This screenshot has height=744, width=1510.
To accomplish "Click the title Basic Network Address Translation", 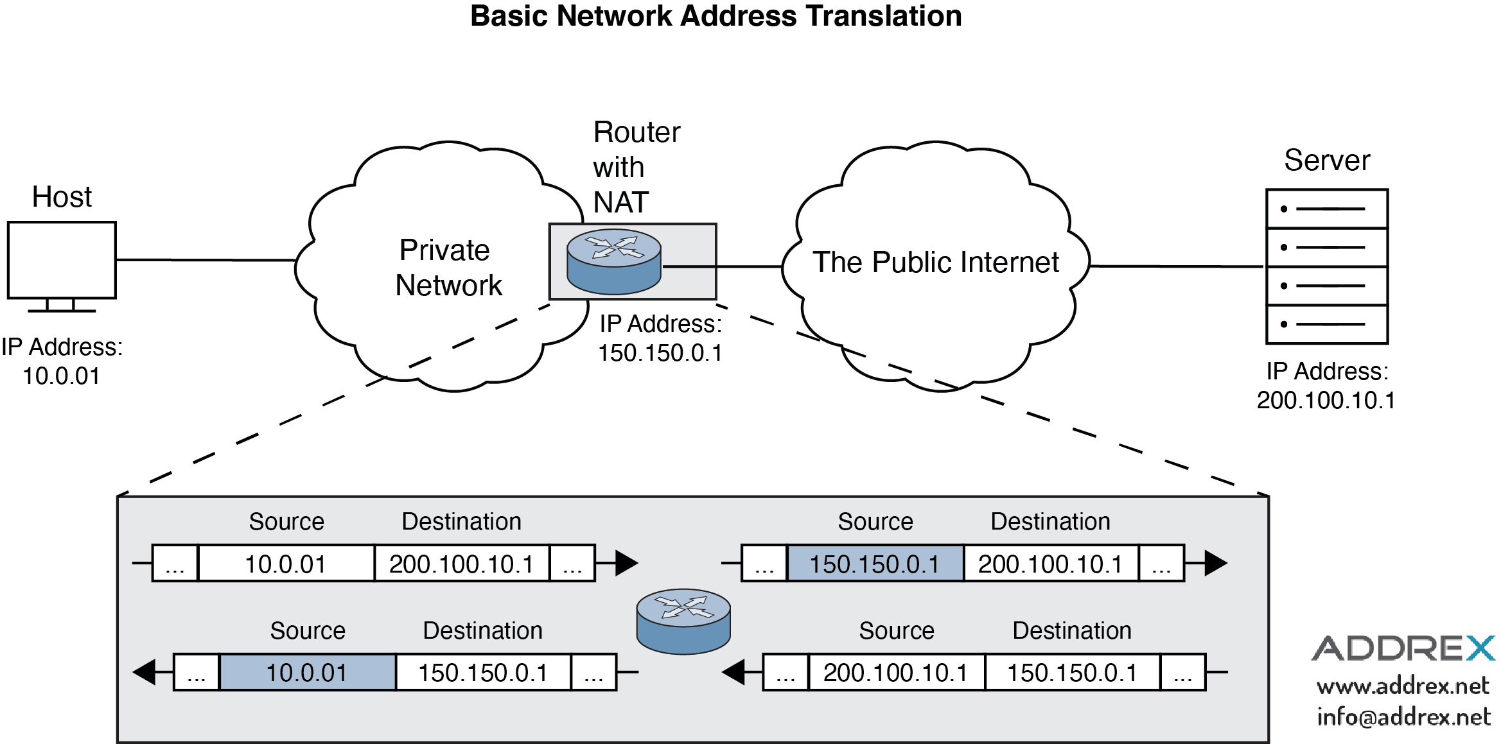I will tap(715, 16).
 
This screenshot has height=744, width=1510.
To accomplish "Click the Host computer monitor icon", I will tap(62, 261).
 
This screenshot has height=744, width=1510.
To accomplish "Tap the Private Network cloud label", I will tap(447, 268).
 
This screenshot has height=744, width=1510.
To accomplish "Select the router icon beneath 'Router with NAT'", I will tap(614, 262).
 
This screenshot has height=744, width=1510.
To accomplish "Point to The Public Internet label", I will tap(935, 263).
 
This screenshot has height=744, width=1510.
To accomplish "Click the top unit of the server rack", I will tap(1327, 209).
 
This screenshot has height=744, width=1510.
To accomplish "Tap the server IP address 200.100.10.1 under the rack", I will tap(1326, 401).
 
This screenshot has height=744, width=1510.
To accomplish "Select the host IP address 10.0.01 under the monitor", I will tap(61, 376).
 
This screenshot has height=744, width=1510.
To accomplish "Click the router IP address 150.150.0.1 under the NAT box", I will tap(660, 353).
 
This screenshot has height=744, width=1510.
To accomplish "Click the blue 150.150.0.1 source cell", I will tap(874, 564).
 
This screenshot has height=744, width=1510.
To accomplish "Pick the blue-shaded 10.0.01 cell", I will tap(307, 673).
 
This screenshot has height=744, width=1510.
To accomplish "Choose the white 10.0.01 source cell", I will tap(286, 564).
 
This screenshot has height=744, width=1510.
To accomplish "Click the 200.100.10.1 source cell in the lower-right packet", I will tap(895, 673).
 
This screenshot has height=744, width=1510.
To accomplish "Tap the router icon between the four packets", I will tap(683, 621).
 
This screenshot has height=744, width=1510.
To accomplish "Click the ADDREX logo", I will tap(1403, 648).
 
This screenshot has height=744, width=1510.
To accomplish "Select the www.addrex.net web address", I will tap(1403, 686).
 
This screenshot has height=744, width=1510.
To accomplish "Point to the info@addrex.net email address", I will tap(1403, 716).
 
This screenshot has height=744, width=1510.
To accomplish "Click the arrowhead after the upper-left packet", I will tap(626, 563).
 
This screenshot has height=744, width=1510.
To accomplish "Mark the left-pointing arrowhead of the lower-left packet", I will tap(145, 672).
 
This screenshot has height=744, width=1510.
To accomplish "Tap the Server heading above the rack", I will tap(1327, 160).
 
